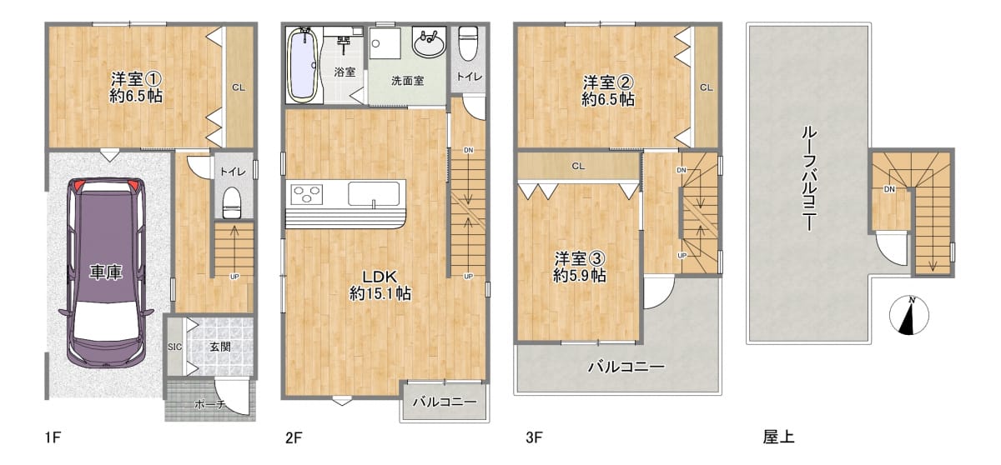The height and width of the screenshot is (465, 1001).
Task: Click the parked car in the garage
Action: click(106, 272)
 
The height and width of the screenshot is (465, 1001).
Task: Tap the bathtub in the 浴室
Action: click(304, 64)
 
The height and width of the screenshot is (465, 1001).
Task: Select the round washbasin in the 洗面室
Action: click(429, 42)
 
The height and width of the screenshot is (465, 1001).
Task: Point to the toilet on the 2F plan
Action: click(468, 43)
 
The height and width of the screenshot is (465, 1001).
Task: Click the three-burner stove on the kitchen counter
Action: click(307, 193)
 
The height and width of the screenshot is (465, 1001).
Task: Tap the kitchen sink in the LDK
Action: click(374, 193)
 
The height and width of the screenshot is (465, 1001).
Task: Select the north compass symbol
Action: click(909, 315)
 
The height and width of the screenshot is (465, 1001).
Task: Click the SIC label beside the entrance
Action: click(174, 347)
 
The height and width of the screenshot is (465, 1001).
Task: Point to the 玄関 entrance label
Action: click(220, 347)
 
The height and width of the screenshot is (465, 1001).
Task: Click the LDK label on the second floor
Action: click(379, 277)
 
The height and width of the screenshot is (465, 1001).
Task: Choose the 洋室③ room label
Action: click(580, 258)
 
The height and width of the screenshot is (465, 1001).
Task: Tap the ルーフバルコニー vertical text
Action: click(809, 178)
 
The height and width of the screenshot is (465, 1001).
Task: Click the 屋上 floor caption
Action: click(778, 437)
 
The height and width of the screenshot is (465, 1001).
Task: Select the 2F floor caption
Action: click(294, 437)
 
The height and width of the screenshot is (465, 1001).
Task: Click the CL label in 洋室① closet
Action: click(239, 87)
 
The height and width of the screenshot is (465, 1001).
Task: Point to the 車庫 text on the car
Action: click(105, 272)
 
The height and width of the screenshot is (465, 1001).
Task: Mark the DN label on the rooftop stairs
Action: click(889, 189)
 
